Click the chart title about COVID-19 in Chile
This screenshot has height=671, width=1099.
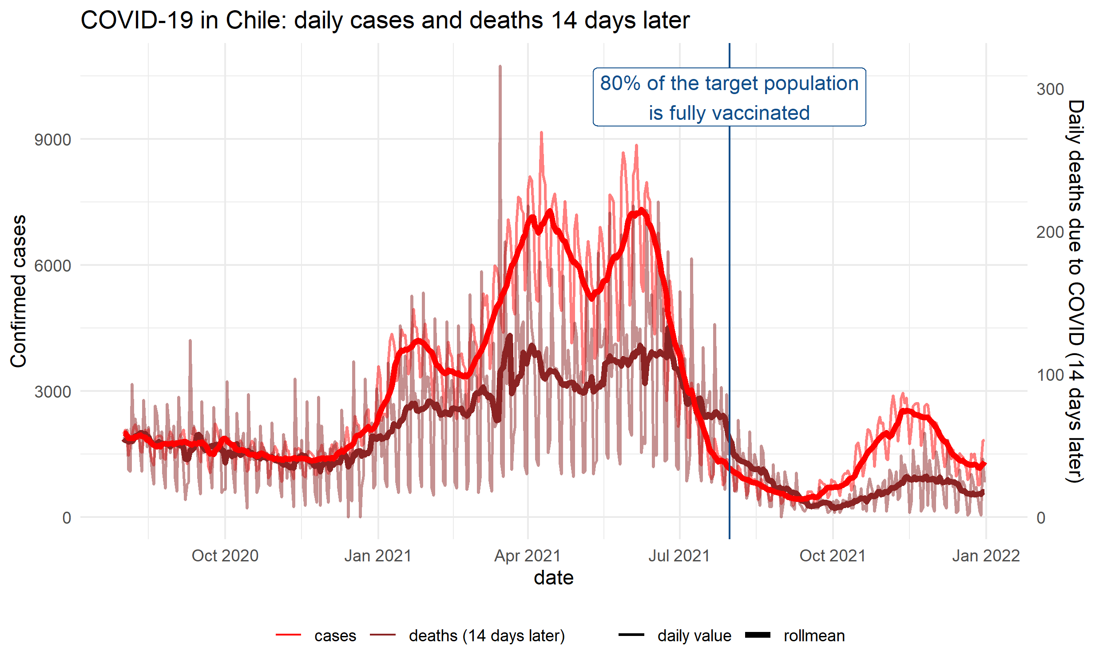385,20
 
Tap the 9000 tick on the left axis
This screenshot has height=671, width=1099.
53,140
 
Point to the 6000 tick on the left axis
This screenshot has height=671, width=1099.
53,266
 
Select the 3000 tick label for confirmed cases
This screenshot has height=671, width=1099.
53,392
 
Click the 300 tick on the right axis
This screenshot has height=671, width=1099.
1050,90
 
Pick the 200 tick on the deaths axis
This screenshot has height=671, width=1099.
1050,232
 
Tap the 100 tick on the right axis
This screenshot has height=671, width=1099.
1050,375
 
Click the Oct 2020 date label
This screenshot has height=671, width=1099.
225,556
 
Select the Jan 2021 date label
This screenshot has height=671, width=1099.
377,556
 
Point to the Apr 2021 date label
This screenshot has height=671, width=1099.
527,556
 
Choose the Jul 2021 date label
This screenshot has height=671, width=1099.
679,556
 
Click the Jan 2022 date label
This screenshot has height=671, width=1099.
986,556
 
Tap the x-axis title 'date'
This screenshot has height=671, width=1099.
554,578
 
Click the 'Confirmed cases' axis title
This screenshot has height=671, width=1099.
19,291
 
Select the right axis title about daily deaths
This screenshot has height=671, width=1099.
1075,291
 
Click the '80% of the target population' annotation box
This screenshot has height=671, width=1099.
729,98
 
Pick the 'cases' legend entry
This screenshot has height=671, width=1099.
334,636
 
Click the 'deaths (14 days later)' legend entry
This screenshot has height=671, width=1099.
486,636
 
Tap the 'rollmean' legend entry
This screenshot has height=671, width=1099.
813,636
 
